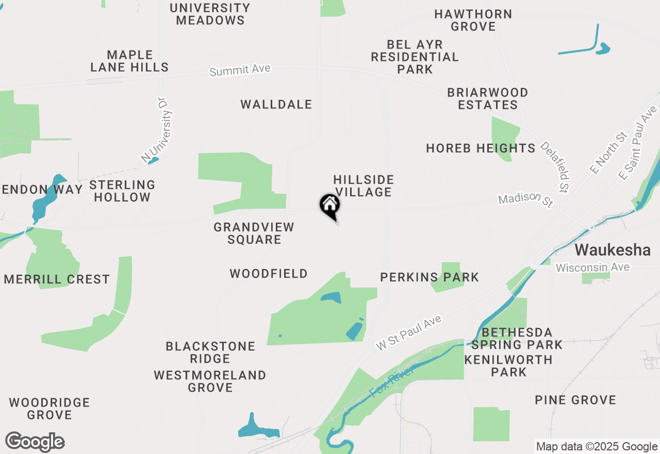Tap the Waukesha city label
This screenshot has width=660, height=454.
613,250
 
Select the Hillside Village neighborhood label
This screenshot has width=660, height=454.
364,186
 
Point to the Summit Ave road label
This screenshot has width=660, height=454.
240,70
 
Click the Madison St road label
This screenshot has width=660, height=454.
525,200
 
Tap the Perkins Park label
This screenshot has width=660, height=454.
430,278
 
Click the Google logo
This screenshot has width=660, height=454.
35,442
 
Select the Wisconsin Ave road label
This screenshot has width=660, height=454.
592,267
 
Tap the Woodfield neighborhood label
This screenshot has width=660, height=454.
269,273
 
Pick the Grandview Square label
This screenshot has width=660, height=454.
254,233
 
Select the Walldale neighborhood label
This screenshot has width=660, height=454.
276,105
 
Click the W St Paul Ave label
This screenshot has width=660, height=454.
409,333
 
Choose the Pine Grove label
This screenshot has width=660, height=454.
575,400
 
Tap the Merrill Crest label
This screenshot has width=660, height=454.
57,280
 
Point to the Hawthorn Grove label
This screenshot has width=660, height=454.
473,20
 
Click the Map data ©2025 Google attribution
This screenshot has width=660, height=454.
597,447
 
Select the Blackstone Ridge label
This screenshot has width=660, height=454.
210,352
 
